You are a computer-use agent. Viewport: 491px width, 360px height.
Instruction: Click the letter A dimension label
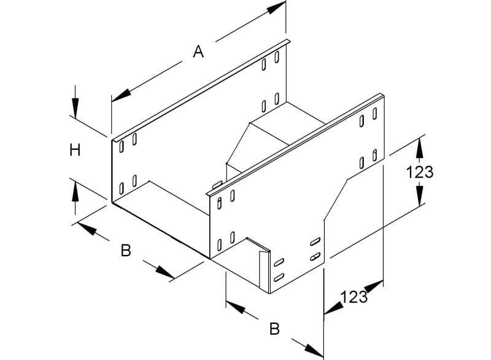198,52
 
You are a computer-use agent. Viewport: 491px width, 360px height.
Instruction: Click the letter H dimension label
75,150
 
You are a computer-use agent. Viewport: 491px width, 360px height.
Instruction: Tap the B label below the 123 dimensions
274,329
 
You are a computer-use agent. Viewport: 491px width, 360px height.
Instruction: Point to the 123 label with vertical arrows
420,172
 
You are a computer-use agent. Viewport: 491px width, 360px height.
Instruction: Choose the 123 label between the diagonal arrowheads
354,297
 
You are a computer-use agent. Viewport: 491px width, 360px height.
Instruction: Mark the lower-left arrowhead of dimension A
121,95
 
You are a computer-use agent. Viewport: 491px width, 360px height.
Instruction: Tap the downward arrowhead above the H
75,107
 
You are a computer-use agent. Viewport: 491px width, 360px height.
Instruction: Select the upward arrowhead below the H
75,192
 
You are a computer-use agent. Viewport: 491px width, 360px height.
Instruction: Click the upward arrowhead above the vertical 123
420,149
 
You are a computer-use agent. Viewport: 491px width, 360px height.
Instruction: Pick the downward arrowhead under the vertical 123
420,195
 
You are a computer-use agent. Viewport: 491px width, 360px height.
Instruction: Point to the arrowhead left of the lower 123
334,308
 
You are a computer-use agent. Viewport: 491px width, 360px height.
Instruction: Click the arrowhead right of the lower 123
374,287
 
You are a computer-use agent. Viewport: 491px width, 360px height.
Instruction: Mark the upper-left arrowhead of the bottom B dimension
235,307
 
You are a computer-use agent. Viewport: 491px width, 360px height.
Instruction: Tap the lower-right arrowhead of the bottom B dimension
314,350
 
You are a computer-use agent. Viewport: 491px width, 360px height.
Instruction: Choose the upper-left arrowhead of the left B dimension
87,228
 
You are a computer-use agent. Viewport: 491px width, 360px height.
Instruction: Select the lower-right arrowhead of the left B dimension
165,272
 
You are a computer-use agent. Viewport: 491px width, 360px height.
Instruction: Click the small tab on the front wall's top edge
217,184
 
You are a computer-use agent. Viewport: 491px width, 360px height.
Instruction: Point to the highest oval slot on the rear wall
277,57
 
